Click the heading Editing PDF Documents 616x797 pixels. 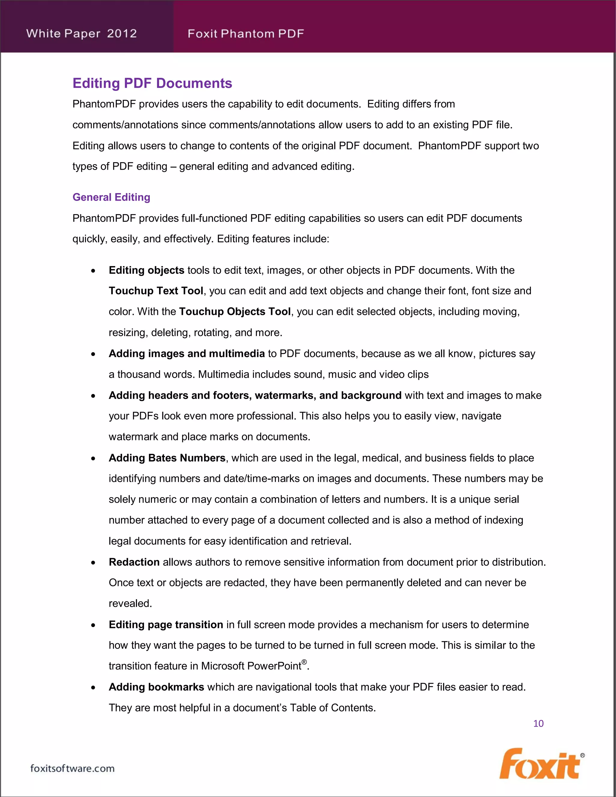click(x=152, y=83)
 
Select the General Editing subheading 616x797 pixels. click(x=111, y=197)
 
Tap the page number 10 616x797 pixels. click(x=538, y=723)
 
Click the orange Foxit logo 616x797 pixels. click(x=539, y=764)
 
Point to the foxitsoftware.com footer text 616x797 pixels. click(x=72, y=768)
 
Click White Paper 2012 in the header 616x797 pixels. click(x=82, y=34)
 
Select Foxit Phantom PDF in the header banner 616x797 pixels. click(x=246, y=34)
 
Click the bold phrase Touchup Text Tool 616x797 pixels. click(x=156, y=291)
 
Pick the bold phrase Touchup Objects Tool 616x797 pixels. click(x=235, y=312)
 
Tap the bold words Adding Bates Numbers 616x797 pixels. click(x=167, y=458)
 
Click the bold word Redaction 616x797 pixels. click(x=134, y=562)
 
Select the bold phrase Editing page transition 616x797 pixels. click(x=166, y=625)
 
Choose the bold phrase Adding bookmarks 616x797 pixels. click(x=156, y=687)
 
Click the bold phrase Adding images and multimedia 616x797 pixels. click(x=186, y=354)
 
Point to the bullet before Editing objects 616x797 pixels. click(x=94, y=271)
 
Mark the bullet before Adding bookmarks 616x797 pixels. click(x=94, y=688)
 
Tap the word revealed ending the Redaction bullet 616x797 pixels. click(x=130, y=604)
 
